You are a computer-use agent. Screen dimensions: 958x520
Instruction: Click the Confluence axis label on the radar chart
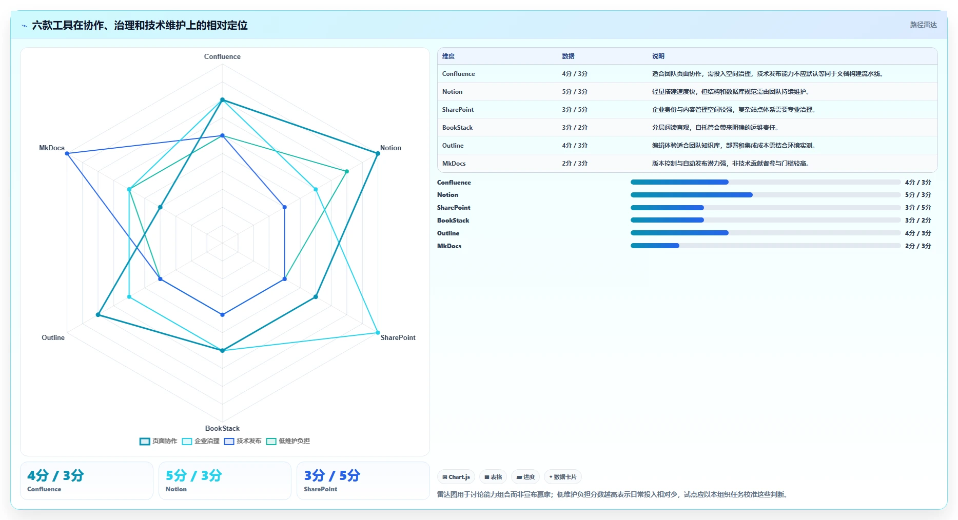tap(222, 56)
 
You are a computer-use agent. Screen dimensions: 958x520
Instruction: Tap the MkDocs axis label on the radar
tap(52, 148)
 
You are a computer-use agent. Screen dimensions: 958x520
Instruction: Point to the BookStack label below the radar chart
tap(222, 428)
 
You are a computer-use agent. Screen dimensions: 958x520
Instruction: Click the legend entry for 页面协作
tap(159, 441)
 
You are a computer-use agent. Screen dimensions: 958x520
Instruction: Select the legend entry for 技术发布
tap(243, 441)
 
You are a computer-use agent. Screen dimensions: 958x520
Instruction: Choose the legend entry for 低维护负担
tap(288, 441)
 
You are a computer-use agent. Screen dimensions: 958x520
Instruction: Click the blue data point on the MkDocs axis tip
tap(67, 153)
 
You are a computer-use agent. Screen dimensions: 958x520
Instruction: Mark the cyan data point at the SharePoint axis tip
tap(378, 333)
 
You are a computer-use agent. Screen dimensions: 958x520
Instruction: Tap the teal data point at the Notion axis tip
tap(378, 153)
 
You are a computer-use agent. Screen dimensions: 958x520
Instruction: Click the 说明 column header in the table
tap(658, 56)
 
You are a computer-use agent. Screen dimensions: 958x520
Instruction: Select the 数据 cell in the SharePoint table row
tap(575, 110)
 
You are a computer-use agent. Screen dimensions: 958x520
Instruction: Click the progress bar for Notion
tap(766, 195)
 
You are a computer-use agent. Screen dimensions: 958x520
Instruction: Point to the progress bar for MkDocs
tap(766, 246)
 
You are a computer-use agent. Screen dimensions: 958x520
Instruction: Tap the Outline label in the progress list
tap(448, 233)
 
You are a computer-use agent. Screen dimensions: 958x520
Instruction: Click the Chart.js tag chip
tap(456, 477)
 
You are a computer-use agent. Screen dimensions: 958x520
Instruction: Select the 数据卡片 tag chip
tap(563, 477)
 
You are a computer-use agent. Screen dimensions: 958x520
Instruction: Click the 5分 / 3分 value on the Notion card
tap(193, 475)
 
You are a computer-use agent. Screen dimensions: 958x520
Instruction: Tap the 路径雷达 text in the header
tap(924, 25)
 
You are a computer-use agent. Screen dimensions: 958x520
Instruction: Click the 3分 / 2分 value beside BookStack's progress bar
tap(918, 221)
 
